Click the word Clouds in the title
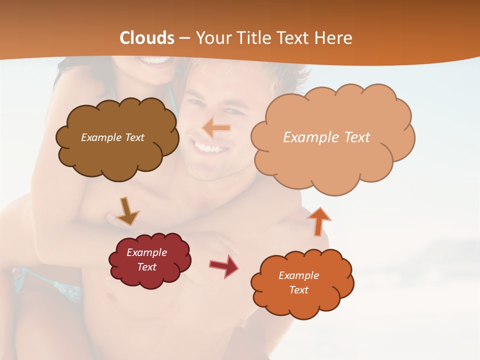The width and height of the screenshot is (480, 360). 147,38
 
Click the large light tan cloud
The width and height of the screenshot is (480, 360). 332,160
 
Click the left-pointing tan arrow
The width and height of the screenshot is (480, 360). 216,128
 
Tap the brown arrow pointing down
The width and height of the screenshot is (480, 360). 127,211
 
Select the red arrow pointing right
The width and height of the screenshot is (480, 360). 224,265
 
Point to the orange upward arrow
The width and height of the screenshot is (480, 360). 318,221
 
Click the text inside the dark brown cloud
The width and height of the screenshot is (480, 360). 112,137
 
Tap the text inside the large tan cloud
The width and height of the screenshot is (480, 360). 326,137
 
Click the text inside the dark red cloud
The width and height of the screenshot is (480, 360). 147,259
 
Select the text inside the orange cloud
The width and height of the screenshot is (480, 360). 298,282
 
